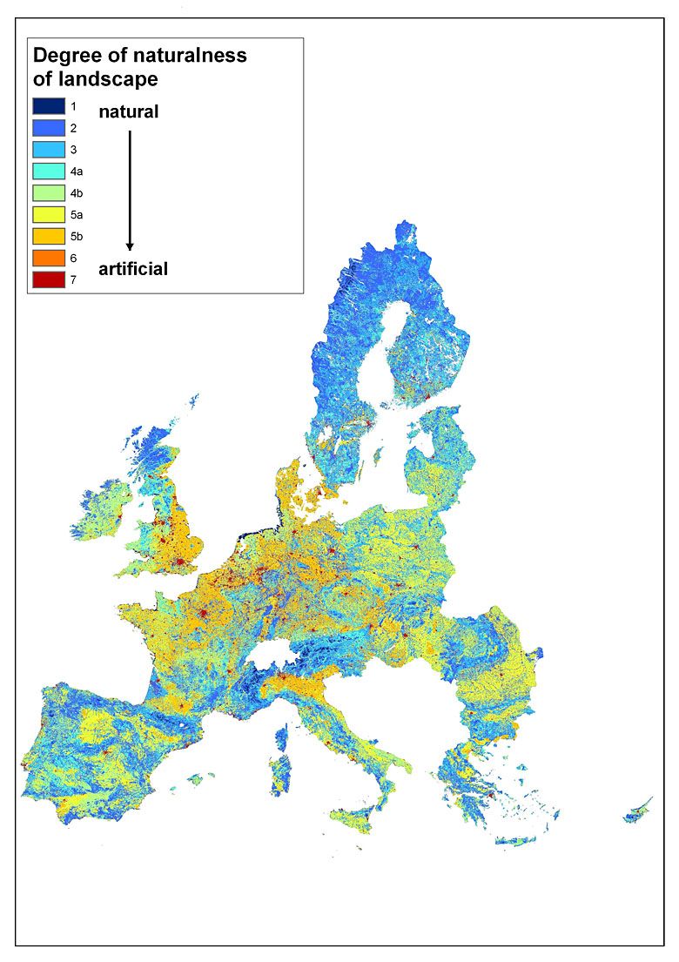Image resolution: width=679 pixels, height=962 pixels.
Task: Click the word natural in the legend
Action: click(x=128, y=112)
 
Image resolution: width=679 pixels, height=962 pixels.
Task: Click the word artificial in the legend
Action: click(x=133, y=270)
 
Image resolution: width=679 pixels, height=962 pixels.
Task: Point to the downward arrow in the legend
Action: click(x=130, y=191)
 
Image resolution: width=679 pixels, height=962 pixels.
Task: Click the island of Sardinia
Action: click(x=280, y=775)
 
